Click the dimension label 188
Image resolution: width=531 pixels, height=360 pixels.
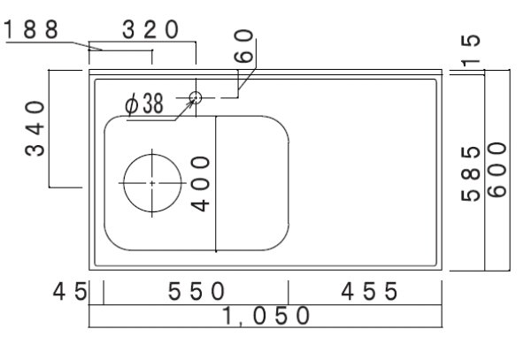click(x=32, y=29)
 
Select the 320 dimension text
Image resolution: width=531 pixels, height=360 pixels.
click(x=151, y=29)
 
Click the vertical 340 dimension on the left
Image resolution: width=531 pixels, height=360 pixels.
click(x=34, y=128)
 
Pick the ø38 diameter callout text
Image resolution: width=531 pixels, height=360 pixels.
click(x=144, y=104)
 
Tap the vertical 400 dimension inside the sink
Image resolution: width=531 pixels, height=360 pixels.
click(x=201, y=182)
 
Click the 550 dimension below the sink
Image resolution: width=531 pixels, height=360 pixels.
click(x=196, y=290)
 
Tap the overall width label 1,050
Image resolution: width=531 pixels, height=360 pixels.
click(x=266, y=316)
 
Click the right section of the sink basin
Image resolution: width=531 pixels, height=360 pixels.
click(x=253, y=181)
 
